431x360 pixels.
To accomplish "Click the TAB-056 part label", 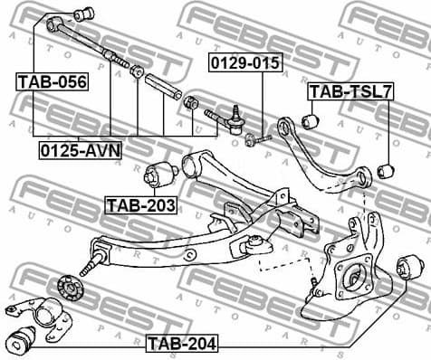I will coord(52,82).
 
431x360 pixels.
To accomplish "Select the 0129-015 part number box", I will coord(245,62).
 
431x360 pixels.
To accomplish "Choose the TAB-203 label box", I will coord(140,205).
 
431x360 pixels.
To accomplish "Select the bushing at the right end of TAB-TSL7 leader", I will coord(385,170).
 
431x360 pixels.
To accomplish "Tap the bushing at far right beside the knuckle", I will coord(408,266).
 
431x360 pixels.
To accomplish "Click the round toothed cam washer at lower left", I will coord(68,287).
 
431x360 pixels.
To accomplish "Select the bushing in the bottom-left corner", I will coord(20,341).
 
